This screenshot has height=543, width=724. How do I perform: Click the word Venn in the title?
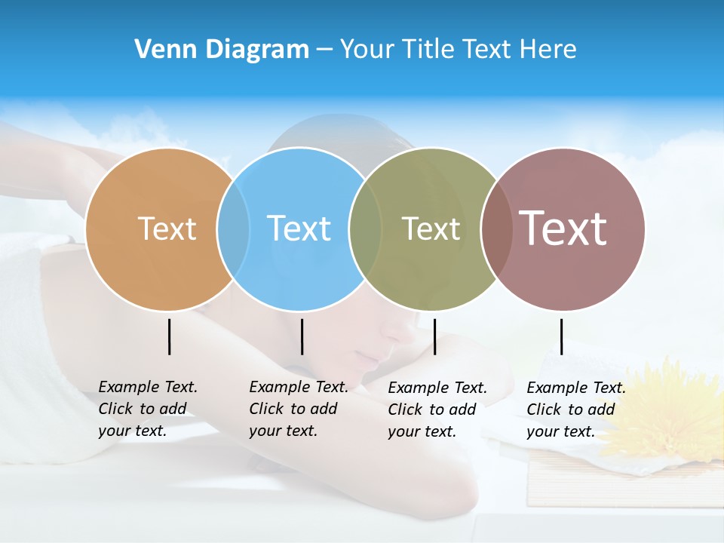pos(160,49)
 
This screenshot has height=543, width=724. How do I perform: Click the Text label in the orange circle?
pos(167,229)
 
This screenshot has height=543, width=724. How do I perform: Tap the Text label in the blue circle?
pos(299,229)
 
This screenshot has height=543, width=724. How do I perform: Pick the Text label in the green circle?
pos(431,229)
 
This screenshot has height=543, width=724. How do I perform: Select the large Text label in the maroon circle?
pos(563,229)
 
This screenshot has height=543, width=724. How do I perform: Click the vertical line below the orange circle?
pos(170,336)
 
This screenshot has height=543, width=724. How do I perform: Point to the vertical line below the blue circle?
pos(302,336)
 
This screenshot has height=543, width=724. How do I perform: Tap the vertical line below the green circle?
pos(435,336)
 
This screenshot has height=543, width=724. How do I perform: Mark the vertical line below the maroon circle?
pos(562,336)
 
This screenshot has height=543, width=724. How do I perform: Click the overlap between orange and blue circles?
pos(233,229)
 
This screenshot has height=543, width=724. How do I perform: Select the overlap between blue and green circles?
pos(365,229)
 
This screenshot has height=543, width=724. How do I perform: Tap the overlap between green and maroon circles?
pos(496,229)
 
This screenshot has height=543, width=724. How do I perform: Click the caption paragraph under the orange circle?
pos(148,409)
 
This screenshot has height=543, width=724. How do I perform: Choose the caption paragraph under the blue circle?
pos(299,409)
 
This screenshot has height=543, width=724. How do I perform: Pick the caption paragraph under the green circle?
pos(437,410)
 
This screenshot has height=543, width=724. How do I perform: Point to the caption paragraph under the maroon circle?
pos(576,410)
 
